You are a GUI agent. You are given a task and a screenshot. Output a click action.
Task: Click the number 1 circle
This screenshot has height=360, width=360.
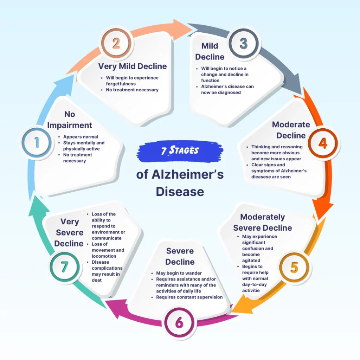pyautogui.click(x=36, y=143)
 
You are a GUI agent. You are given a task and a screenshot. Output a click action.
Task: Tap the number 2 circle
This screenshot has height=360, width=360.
pyautogui.click(x=116, y=44)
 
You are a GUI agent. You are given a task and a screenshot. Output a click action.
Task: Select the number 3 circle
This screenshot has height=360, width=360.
pyautogui.click(x=243, y=44)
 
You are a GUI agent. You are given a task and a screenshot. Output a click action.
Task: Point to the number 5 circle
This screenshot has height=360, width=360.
pyautogui.click(x=294, y=267)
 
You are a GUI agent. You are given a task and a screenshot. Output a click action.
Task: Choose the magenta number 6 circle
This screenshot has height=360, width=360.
pyautogui.click(x=180, y=323)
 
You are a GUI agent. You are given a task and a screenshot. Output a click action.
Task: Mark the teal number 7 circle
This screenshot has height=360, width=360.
pyautogui.click(x=64, y=267)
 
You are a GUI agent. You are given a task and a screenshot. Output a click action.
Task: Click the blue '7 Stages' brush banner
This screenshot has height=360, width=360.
pyautogui.click(x=180, y=150)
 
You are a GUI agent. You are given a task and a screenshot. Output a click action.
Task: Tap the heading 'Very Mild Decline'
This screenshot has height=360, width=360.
pyautogui.click(x=133, y=66)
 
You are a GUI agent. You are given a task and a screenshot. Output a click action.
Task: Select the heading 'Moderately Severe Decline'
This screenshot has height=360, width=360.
pyautogui.click(x=262, y=222)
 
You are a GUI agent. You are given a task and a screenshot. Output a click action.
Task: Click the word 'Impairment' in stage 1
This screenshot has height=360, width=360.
pyautogui.click(x=70, y=125)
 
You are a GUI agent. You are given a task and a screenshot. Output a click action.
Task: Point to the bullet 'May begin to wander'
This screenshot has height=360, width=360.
pyautogui.click(x=179, y=273)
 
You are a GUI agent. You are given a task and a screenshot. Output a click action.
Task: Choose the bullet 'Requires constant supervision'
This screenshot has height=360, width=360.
pyautogui.click(x=189, y=297)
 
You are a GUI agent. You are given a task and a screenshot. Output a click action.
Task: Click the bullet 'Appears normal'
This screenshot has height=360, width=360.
pyautogui.click(x=81, y=137)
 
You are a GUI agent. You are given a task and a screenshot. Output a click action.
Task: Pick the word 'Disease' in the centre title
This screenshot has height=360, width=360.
pyautogui.click(x=180, y=192)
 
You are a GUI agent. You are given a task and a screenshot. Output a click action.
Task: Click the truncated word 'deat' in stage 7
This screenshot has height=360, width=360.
pyautogui.click(x=97, y=280)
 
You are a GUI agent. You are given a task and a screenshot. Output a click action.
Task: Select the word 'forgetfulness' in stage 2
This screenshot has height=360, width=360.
pyautogui.click(x=121, y=84)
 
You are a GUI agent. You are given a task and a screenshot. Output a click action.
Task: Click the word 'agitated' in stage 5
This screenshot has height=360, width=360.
pyautogui.click(x=251, y=261)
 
